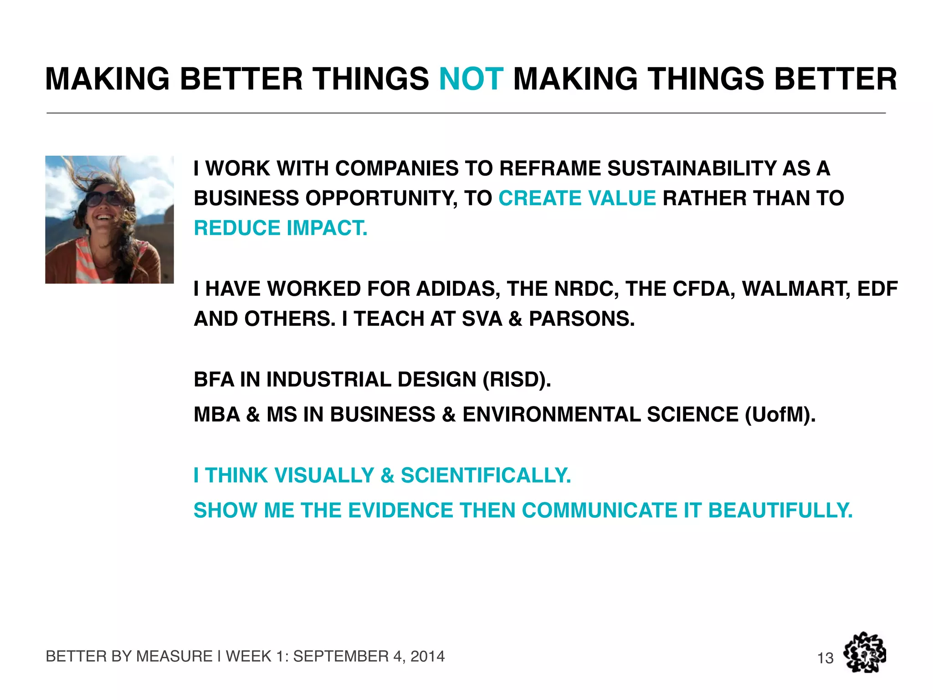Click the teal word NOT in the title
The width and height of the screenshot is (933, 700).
[471, 79]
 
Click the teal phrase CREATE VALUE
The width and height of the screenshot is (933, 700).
[577, 198]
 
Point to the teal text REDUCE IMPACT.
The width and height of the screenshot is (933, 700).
[280, 228]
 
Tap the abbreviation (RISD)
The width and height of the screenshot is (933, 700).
[517, 380]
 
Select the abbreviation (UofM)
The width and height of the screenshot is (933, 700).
[780, 415]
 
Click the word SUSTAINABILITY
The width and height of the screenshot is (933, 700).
[692, 168]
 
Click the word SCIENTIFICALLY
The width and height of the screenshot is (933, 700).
[485, 475]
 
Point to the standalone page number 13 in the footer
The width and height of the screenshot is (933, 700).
[825, 658]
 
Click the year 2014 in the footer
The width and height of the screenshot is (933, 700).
[427, 656]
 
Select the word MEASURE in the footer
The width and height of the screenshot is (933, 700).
[174, 656]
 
